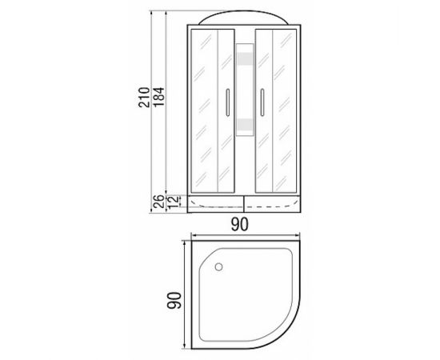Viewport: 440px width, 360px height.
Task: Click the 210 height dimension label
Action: click(144, 98)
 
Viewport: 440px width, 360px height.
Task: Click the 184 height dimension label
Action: click(158, 98)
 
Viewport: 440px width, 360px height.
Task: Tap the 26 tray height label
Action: click(159, 202)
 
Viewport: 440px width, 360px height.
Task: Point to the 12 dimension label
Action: click(173, 202)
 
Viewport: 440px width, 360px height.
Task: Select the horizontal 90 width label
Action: click(240, 225)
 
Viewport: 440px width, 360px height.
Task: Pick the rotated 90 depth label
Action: click(174, 301)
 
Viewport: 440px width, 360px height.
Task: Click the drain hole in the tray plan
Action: click(219, 266)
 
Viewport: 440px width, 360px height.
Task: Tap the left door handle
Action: click(228, 102)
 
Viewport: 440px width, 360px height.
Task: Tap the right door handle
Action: click(262, 102)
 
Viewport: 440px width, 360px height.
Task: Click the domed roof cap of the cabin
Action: click(244, 18)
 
